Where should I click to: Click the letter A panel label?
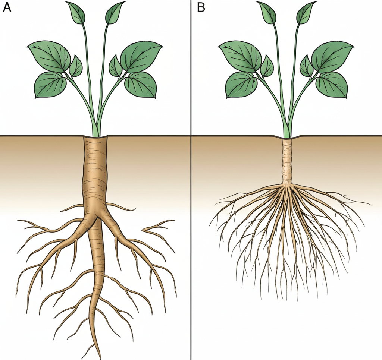[7, 7]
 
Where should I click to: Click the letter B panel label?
[201, 7]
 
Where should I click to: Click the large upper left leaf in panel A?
[50, 56]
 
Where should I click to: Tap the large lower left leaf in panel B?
[241, 85]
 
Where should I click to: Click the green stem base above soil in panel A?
[95, 130]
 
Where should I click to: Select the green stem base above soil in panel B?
[286, 130]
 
